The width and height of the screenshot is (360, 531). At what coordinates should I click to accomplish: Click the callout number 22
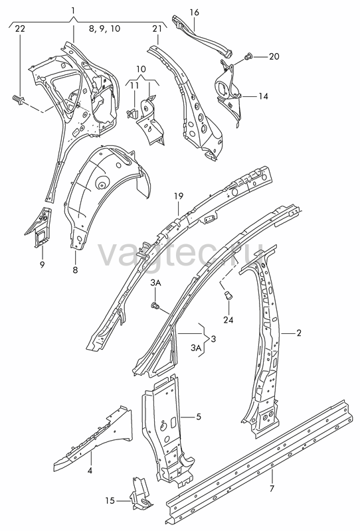click(x=20, y=29)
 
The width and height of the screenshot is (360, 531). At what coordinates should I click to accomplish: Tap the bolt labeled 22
click(x=18, y=99)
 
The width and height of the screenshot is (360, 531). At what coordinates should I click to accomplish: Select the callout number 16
click(x=194, y=13)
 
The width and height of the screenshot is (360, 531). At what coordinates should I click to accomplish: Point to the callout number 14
click(x=263, y=96)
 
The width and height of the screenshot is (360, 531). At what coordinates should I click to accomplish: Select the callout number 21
click(x=157, y=29)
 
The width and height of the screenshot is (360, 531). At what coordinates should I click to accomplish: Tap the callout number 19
click(x=179, y=196)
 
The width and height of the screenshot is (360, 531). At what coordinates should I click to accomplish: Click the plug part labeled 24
click(x=228, y=295)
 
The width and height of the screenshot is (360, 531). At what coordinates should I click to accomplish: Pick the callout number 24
click(x=228, y=319)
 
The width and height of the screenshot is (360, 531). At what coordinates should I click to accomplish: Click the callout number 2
click(x=299, y=333)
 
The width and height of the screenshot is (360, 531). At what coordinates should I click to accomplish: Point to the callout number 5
click(x=199, y=417)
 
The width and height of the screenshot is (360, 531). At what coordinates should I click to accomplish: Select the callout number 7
click(x=272, y=489)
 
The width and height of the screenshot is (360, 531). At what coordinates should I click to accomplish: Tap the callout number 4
click(x=90, y=471)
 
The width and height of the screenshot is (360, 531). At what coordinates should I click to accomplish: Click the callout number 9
click(x=42, y=264)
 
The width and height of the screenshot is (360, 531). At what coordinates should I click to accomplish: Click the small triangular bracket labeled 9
click(x=40, y=227)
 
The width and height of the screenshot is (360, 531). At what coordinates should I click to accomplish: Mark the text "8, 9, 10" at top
click(x=104, y=29)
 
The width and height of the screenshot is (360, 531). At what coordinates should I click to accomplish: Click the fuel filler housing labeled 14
click(x=229, y=92)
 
